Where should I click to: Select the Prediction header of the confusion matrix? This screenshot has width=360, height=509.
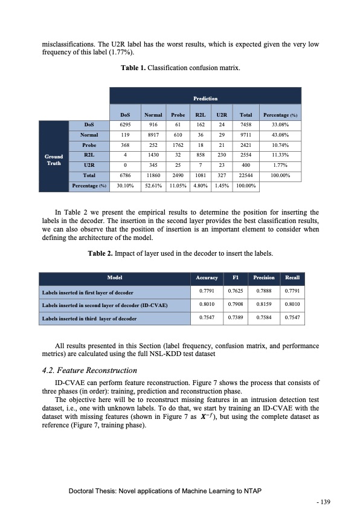tap(205, 97)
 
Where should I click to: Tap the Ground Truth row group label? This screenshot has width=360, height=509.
tap(54, 160)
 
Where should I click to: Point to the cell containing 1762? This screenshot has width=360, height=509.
tap(178, 146)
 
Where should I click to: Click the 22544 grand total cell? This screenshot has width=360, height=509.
tap(246, 175)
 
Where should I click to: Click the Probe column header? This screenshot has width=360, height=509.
tap(178, 114)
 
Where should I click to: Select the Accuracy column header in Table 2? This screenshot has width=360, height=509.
tap(207, 277)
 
